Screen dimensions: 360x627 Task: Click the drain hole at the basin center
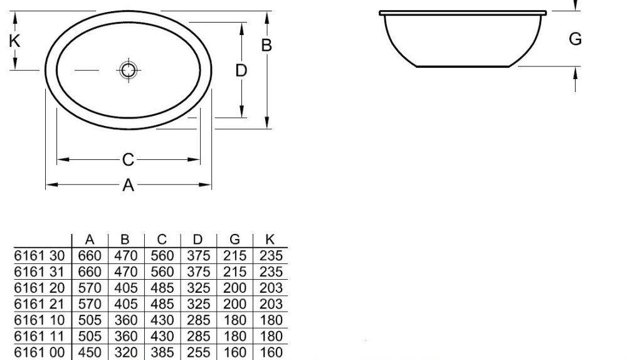128,70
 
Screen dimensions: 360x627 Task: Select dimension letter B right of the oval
266,45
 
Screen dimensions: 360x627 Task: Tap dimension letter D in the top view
241,70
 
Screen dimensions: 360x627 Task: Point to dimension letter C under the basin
128,160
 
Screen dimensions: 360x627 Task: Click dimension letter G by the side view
575,39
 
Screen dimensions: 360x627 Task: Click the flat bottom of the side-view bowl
467,66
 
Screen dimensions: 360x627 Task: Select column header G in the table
234,240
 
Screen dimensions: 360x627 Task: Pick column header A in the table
90,240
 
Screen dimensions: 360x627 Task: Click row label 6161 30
40,256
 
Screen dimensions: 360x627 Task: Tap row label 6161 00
40,353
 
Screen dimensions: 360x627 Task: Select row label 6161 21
40,305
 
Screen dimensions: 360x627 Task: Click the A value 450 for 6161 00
90,353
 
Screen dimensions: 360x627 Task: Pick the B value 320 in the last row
125,353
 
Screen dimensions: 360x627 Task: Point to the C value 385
162,353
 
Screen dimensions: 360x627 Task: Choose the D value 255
198,353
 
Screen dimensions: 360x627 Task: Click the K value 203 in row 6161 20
270,289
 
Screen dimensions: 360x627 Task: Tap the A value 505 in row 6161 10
90,320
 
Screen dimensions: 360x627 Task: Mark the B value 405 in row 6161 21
125,305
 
